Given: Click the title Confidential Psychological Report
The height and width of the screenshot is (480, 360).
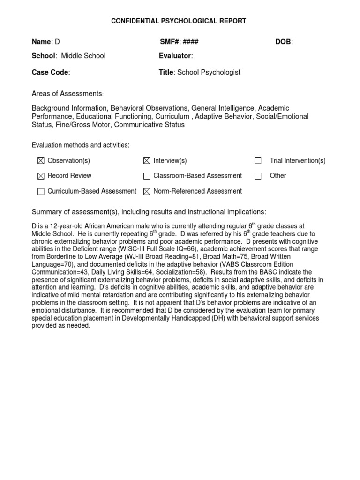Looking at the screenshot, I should pos(178,21).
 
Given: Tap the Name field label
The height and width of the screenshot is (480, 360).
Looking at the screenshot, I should pos(41,42).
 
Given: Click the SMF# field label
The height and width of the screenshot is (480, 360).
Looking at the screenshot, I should pos(170,42).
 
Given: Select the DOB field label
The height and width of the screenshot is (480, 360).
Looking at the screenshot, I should pos(284,42).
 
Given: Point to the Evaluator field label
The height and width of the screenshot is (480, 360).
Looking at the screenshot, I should pos(175,56).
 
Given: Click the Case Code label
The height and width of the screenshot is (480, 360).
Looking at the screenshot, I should pos(50,72).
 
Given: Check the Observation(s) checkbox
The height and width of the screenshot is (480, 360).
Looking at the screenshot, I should pos(41,161).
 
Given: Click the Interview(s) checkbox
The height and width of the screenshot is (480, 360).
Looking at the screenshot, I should pos(147,161).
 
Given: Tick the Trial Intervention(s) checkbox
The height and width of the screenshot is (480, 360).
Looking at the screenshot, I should pos(258,161).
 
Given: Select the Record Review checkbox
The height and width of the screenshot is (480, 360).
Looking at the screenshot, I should pos(41,176).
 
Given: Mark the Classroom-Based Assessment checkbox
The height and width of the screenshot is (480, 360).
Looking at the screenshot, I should pos(147,176).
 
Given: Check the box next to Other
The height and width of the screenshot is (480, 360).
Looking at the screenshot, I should pos(258,176).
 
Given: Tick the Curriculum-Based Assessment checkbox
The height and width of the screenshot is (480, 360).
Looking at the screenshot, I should pos(41,191).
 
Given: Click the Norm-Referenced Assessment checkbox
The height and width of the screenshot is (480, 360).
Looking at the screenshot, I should pos(147,191).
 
